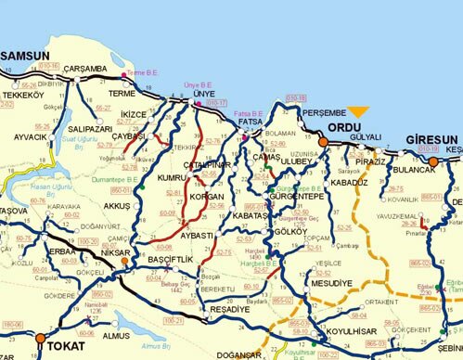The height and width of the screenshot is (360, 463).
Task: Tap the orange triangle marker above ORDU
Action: click(x=358, y=112)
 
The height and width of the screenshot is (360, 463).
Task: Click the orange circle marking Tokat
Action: click(x=39, y=341)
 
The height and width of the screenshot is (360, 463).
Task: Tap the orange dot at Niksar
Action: click(x=123, y=263)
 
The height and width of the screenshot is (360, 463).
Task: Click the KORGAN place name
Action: click(x=206, y=197)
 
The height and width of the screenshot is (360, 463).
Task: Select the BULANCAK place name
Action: click(x=413, y=171)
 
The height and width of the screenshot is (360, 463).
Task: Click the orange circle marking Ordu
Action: click(x=324, y=142)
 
